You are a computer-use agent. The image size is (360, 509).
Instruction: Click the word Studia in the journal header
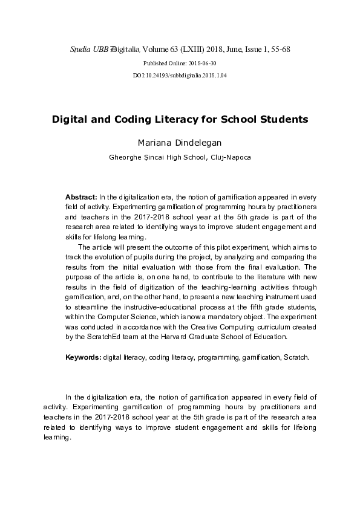(79, 48)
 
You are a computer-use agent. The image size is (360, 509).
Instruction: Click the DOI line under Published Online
(180, 76)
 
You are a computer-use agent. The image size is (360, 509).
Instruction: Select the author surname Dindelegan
(197, 143)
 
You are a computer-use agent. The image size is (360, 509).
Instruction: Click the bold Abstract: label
(81, 198)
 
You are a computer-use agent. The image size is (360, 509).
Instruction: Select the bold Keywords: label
(83, 357)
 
